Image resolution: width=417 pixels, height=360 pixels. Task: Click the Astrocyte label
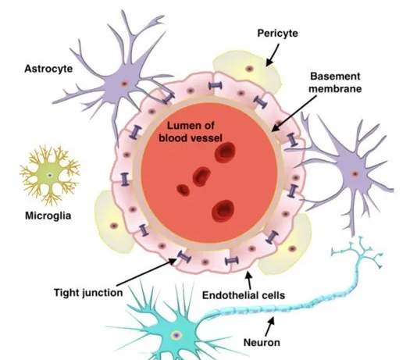coord(48,69)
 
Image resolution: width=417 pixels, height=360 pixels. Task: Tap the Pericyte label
coord(277,34)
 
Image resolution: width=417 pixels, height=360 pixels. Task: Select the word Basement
coord(335,77)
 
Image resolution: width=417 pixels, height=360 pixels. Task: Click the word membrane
coord(335,88)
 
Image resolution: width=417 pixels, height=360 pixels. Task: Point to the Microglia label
coord(48,216)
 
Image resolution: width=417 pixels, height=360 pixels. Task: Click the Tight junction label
coord(88,293)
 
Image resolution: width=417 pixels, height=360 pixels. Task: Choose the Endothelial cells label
coord(244,295)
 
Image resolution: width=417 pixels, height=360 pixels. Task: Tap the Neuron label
coord(262,342)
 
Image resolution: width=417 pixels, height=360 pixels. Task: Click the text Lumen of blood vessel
coord(191,132)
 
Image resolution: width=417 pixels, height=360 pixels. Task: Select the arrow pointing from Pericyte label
coord(273,55)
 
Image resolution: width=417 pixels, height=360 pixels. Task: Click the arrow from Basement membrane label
coord(294,113)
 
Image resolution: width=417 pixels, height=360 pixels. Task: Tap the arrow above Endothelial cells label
coord(249,280)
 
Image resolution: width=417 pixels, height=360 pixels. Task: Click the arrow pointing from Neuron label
coord(269,326)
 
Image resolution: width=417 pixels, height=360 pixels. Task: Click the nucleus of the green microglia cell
coord(50,175)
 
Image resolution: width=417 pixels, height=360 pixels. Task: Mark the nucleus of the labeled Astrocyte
coord(124,84)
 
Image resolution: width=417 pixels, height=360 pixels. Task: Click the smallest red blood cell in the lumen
coord(184,191)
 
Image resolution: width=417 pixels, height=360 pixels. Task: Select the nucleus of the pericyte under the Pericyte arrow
coord(249,69)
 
